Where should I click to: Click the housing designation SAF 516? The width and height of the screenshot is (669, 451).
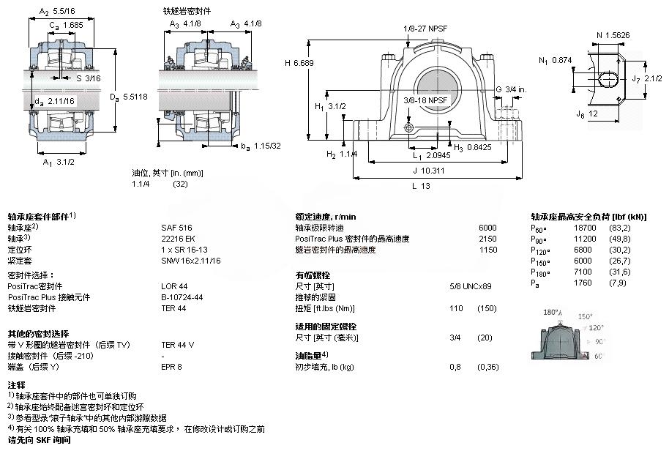(x=171, y=228)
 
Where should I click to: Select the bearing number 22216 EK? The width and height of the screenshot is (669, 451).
(x=174, y=238)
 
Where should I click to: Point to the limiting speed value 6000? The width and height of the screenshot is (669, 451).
(x=487, y=228)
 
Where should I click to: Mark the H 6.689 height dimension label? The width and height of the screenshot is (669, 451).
(x=299, y=63)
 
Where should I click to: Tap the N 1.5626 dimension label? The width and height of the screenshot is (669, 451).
(x=613, y=34)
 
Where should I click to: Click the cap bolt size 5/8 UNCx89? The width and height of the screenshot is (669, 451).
(x=471, y=286)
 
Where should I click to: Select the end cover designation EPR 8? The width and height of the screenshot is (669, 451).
(x=171, y=366)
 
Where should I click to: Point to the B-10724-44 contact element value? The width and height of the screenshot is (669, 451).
(x=182, y=297)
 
